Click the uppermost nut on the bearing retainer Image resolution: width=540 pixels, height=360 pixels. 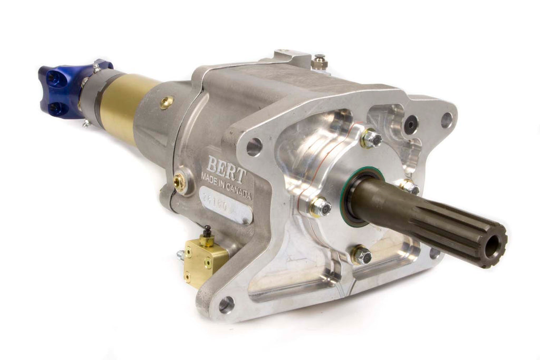click(x=372, y=139)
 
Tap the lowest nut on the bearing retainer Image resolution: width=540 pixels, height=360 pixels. click(x=362, y=256)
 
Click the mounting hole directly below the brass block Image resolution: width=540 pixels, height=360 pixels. click(x=226, y=304)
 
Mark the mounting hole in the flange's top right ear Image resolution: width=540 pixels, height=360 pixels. click(x=446, y=120)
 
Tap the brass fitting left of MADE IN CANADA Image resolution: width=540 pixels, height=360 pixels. click(x=180, y=182)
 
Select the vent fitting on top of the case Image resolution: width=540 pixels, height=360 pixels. click(x=319, y=62)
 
